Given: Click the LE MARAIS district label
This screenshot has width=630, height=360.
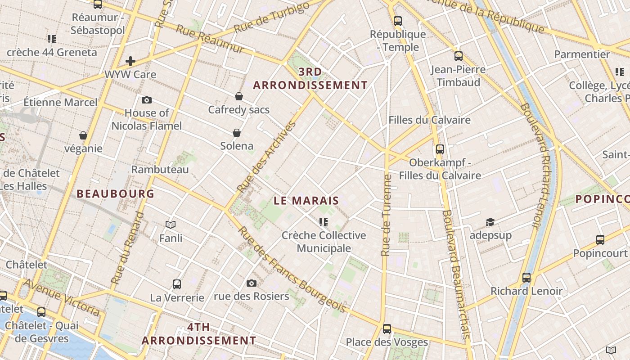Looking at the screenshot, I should click(x=306, y=201).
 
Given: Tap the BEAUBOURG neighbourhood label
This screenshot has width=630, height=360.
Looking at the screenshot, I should click(x=115, y=194).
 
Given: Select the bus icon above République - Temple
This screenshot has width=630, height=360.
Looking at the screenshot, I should click(x=398, y=21).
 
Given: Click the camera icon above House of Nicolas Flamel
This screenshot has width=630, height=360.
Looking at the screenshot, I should click(x=146, y=100).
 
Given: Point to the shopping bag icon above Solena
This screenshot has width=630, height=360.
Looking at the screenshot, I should click(x=237, y=133).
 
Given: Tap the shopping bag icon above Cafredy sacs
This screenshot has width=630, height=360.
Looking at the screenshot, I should click(x=239, y=96).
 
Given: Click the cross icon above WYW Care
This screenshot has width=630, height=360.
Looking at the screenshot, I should click(x=130, y=61).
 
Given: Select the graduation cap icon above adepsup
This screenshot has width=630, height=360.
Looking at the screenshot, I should click(x=490, y=222).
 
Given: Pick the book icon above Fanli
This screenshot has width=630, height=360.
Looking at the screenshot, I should click(x=171, y=225).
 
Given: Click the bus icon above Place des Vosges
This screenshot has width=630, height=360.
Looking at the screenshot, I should click(x=387, y=328).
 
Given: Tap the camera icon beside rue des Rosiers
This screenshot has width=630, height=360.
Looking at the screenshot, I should click(x=252, y=283).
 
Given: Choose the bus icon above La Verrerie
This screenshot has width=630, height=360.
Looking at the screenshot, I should click(x=177, y=284).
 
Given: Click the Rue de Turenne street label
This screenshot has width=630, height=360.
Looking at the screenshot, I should click(x=386, y=215).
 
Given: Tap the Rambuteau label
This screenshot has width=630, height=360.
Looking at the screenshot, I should click(x=160, y=170).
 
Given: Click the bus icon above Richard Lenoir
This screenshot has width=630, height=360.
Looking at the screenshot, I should click(x=526, y=278).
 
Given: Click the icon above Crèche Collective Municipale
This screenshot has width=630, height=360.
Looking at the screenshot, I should click(x=323, y=222).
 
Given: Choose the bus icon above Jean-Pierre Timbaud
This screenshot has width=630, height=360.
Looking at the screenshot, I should click(x=459, y=56).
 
